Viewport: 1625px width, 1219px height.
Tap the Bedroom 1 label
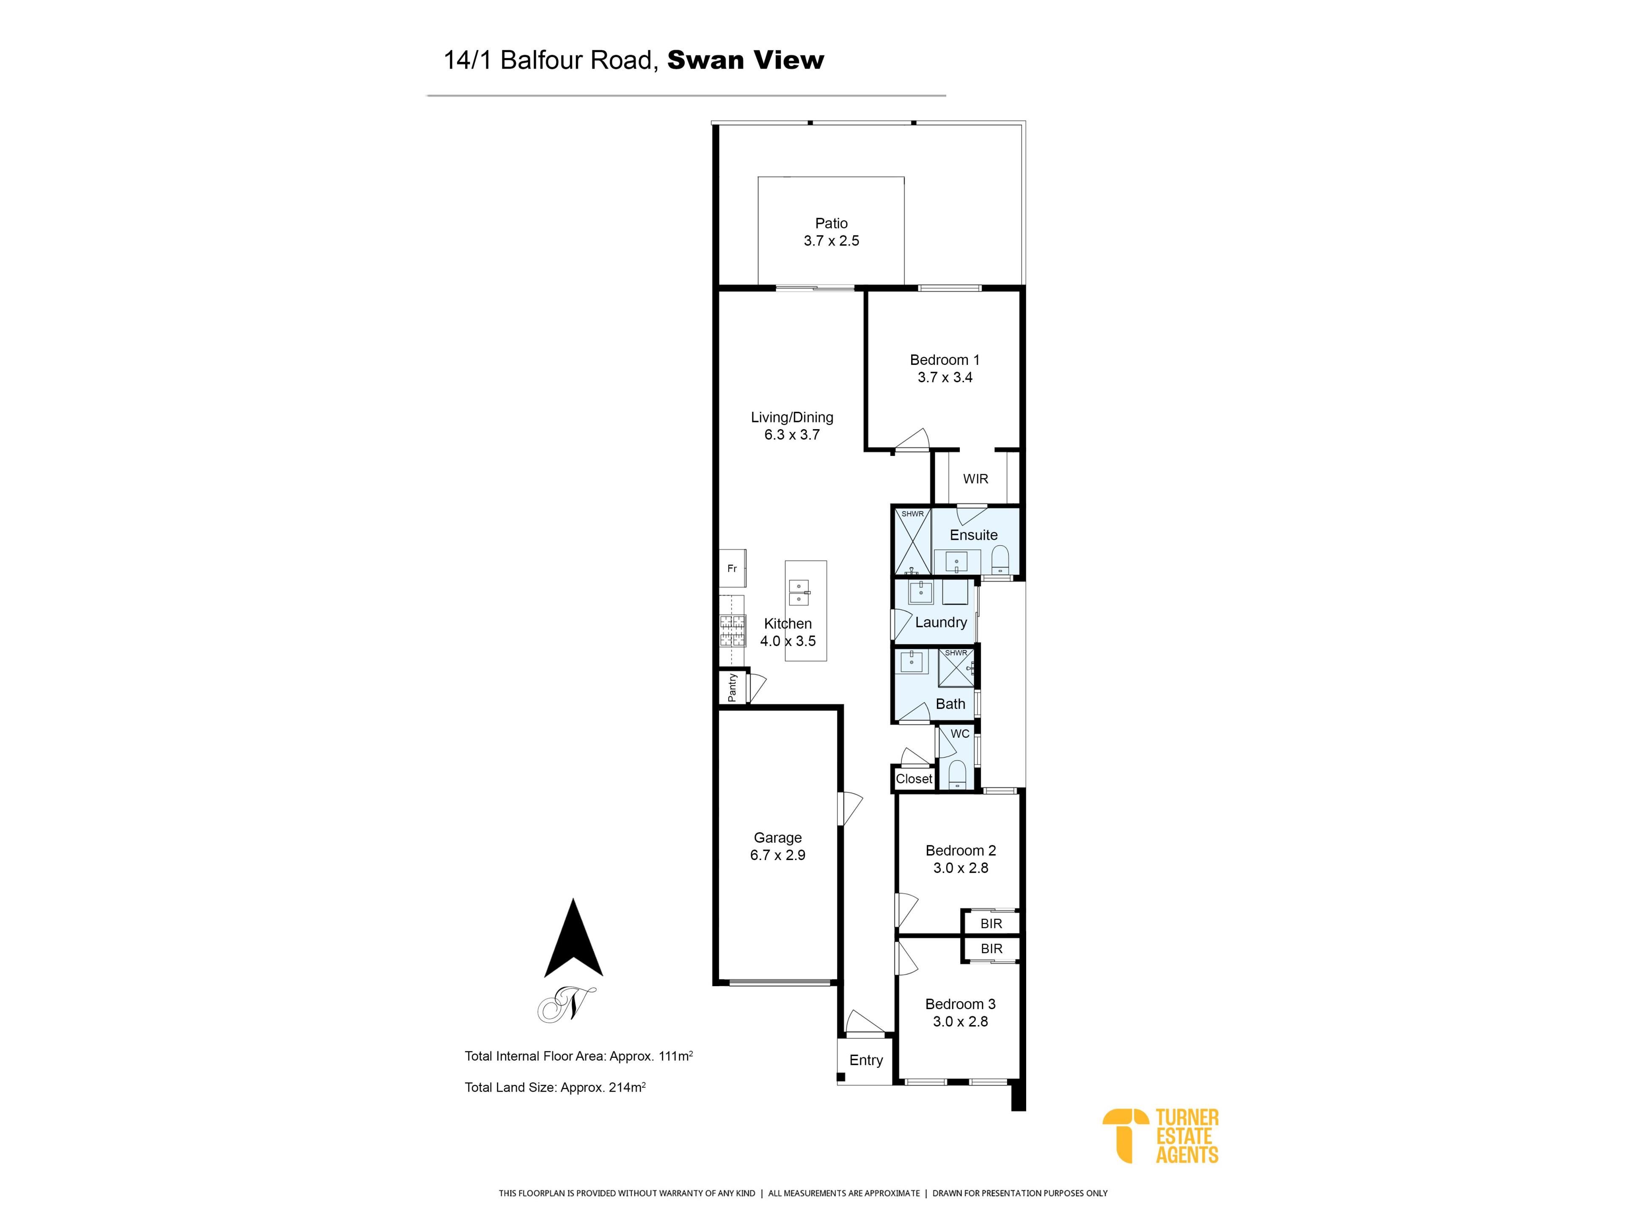point(945,360)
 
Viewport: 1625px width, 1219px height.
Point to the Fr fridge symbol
point(733,568)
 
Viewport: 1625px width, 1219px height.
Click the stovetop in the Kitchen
point(733,630)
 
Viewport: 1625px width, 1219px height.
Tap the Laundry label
point(941,622)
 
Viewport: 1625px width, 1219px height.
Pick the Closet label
point(914,779)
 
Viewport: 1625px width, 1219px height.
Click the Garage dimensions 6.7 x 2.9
point(778,855)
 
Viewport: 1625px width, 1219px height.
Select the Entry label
point(866,1060)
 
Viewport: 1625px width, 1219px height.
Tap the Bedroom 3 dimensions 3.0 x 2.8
point(960,1021)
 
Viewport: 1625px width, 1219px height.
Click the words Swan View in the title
point(746,60)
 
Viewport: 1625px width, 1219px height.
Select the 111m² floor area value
point(676,1056)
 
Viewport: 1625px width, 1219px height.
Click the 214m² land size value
point(628,1087)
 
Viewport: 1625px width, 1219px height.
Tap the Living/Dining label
point(792,417)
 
